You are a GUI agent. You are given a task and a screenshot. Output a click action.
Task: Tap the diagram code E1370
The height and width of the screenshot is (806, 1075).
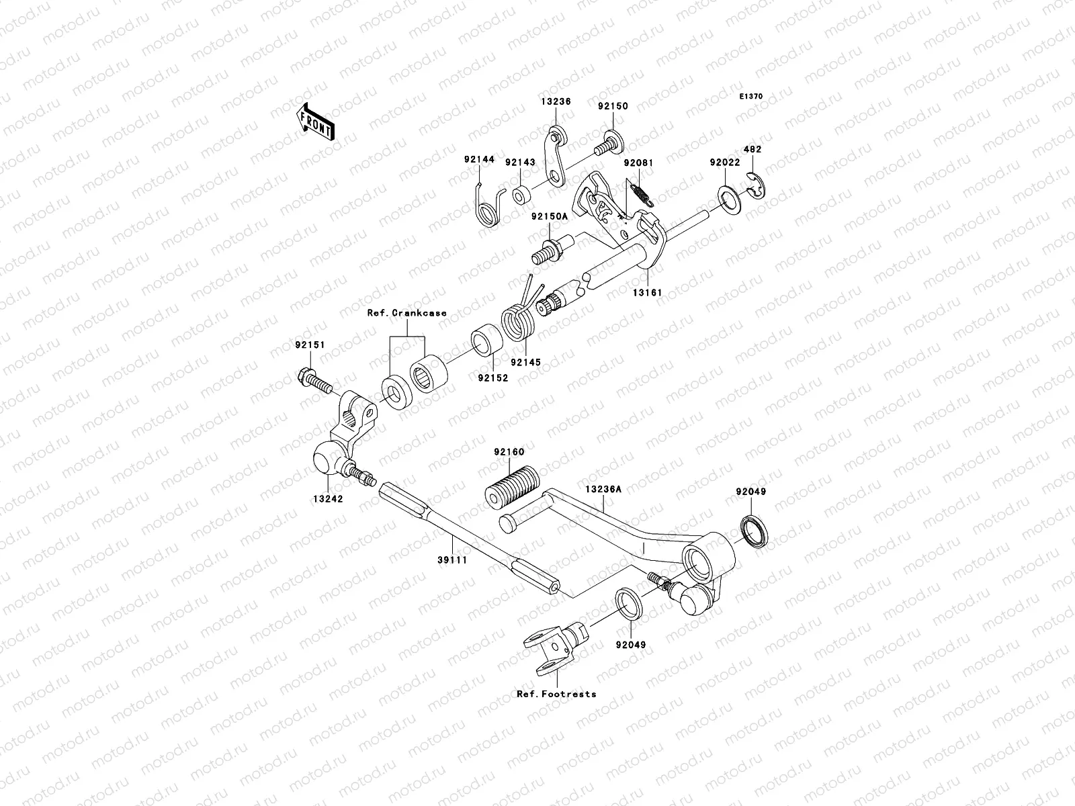(751, 97)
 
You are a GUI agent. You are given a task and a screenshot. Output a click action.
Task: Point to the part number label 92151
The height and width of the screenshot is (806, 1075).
(309, 345)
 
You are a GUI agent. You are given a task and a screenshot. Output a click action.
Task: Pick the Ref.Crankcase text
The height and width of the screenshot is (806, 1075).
(406, 313)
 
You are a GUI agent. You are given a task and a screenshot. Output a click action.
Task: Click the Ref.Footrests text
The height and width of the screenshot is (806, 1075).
(556, 694)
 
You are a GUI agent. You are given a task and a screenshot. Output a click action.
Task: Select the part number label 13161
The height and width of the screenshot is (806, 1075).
(646, 293)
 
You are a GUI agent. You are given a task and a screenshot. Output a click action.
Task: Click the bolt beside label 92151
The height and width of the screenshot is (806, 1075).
(314, 380)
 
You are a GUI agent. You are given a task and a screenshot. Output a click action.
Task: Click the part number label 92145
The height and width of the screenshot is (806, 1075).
(525, 362)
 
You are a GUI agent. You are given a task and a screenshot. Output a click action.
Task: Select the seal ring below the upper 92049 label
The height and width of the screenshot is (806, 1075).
(757, 530)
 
